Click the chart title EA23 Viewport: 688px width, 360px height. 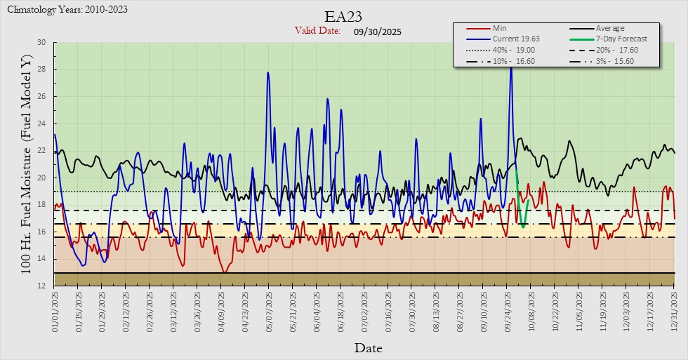pyautogui.click(x=344, y=16)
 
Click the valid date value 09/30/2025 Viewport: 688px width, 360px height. pyautogui.click(x=378, y=32)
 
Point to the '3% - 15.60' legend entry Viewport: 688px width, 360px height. pyautogui.click(x=620, y=62)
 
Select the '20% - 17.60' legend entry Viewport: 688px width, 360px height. pyautogui.click(x=620, y=51)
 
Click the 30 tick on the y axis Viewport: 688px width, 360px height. pyautogui.click(x=41, y=43)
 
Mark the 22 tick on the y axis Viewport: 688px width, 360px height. pyautogui.click(x=41, y=151)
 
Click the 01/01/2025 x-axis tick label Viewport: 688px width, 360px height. pyautogui.click(x=55, y=309)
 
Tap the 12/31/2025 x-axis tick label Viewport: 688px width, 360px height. pyautogui.click(x=675, y=309)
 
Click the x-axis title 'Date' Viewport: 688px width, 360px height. pyautogui.click(x=368, y=347)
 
